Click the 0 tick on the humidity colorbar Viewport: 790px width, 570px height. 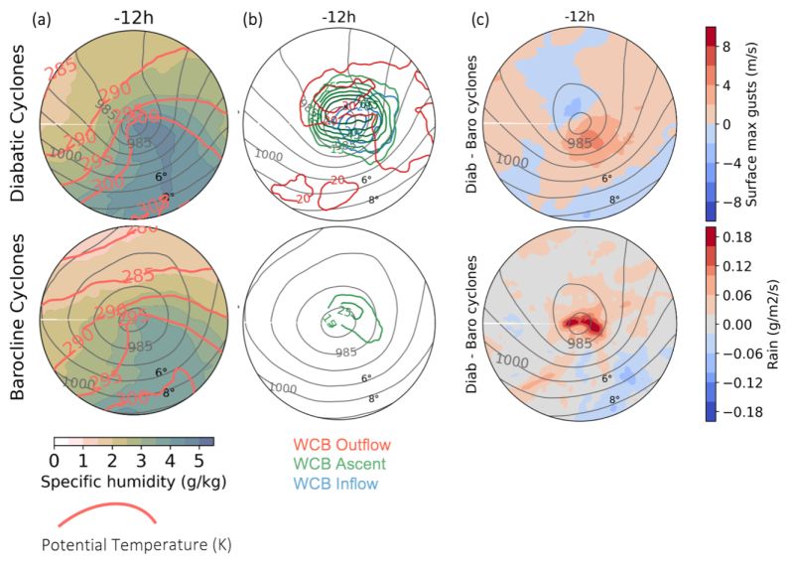coord(54,461)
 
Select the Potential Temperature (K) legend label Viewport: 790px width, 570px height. coord(136,544)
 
